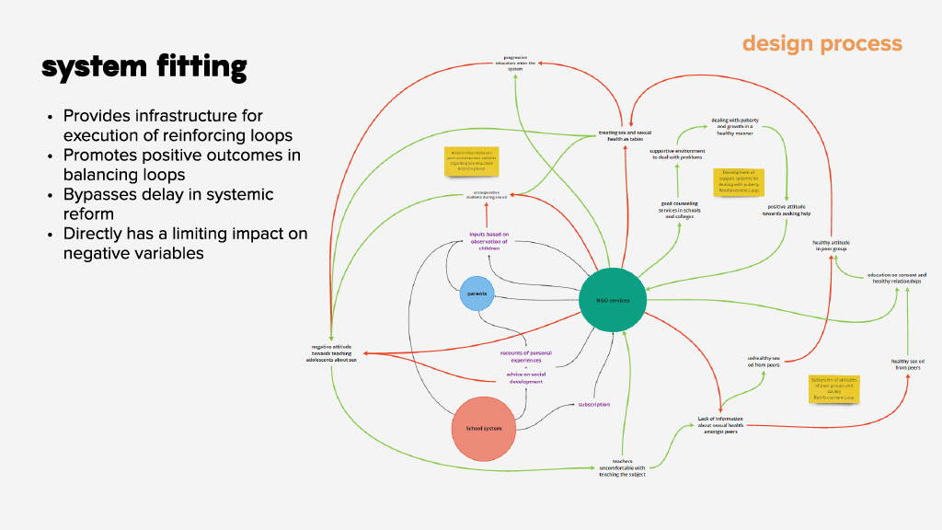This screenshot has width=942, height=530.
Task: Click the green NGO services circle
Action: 612,300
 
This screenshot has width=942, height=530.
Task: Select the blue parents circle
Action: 477,294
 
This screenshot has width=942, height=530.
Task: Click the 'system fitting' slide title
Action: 144,66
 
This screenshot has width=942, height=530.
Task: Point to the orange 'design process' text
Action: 821,43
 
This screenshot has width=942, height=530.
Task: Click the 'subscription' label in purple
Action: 593,404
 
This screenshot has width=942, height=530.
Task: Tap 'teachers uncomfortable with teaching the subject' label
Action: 622,467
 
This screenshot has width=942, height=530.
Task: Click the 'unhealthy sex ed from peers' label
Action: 764,361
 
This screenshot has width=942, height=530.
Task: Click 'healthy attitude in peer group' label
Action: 830,246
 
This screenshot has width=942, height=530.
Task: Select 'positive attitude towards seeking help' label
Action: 787,210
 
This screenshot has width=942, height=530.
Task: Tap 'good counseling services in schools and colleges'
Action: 679,209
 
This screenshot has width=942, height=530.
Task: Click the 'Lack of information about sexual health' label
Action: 720,425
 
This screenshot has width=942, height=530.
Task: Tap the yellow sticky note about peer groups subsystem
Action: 833,387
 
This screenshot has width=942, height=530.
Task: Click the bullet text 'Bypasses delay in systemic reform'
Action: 168,203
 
